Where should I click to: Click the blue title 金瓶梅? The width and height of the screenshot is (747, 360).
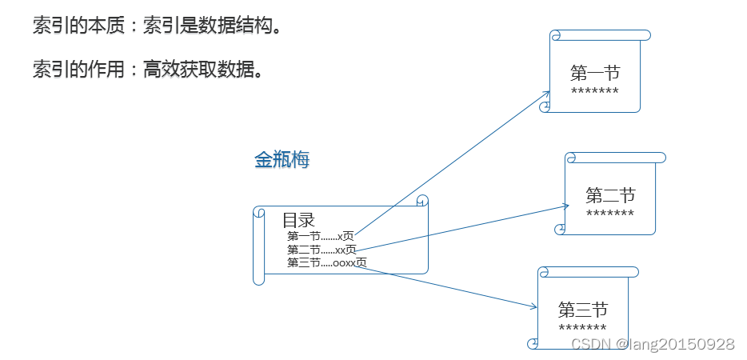[282, 160]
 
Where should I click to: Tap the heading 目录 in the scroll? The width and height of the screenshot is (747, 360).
[298, 220]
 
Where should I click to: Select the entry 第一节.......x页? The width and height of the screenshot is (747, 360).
[321, 236]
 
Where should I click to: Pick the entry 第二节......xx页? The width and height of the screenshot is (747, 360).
[322, 250]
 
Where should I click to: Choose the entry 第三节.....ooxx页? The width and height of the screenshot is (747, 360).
[327, 262]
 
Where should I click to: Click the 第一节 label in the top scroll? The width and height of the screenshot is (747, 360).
[595, 74]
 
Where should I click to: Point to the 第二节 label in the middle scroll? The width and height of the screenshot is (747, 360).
[610, 195]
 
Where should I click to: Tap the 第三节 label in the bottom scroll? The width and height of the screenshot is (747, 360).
[583, 310]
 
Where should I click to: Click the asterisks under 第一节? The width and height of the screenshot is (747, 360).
[595, 92]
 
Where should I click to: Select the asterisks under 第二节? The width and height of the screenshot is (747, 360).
[610, 214]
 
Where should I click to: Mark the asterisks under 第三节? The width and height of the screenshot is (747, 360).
[583, 328]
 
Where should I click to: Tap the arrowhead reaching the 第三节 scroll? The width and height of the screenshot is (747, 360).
[533, 306]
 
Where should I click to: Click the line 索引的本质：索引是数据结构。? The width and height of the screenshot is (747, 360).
[157, 26]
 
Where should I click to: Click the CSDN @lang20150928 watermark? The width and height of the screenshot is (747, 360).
[653, 344]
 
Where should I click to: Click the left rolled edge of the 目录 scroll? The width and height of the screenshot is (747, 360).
[258, 245]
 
